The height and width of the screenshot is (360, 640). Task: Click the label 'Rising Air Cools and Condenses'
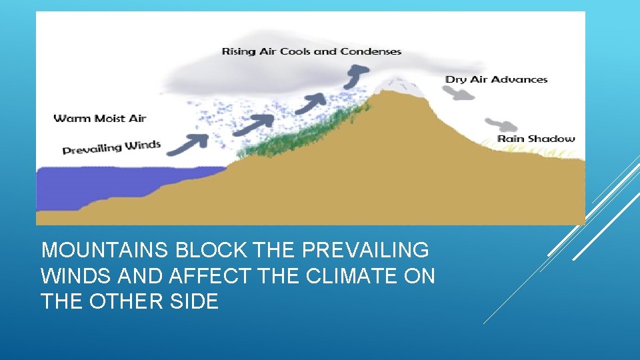(311, 51)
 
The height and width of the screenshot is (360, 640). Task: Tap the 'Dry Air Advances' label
(496, 79)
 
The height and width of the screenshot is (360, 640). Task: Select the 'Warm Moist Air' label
(99, 119)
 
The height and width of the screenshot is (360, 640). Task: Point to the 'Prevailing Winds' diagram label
(111, 147)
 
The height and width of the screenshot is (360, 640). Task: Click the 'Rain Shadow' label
(536, 139)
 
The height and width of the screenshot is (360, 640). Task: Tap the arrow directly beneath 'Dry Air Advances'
(461, 94)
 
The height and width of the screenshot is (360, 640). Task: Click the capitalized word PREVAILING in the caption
(366, 251)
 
